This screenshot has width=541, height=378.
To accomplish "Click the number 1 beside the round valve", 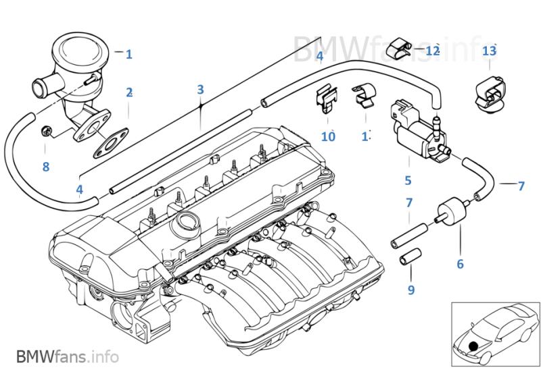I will (129, 53).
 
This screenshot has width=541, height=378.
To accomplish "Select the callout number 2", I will (128, 92).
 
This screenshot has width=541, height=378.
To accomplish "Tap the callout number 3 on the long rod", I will (200, 89).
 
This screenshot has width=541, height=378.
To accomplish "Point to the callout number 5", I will (408, 180).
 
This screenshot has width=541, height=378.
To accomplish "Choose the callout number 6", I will (460, 264).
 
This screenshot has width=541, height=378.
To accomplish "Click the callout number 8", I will (45, 166).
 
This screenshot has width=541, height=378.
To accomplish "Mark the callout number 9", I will (411, 290).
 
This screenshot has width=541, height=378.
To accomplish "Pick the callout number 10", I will (328, 137).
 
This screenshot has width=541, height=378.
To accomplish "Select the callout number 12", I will (432, 50).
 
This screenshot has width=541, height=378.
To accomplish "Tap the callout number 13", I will (490, 51).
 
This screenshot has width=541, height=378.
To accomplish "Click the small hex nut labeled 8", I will (47, 130).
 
